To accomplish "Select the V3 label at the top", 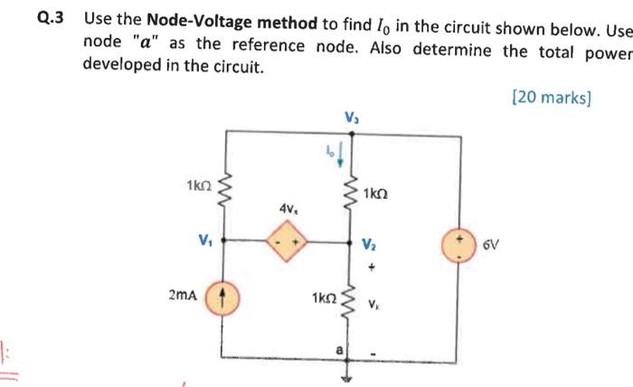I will [x=351, y=116].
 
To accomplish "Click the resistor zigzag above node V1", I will [x=224, y=190].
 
